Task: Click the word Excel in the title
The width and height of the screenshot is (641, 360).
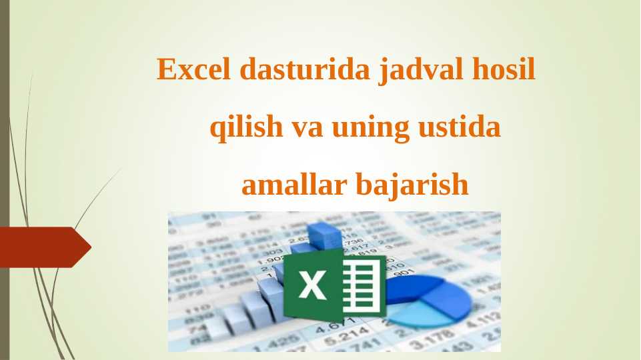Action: click(x=193, y=69)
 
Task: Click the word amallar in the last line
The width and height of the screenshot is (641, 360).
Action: click(x=290, y=185)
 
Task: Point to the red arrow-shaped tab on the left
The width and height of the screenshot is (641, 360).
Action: click(x=44, y=247)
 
